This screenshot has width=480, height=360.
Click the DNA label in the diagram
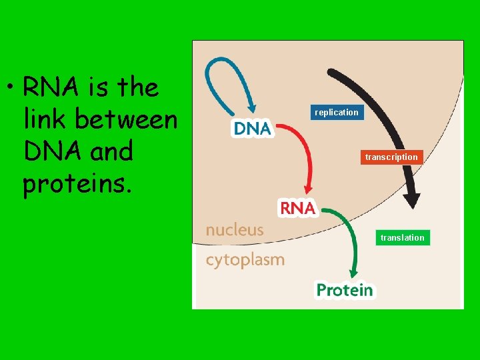[252, 129]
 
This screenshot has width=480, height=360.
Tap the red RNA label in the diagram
[297, 208]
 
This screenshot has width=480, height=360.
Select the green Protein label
[344, 290]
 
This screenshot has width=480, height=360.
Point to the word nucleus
[235, 230]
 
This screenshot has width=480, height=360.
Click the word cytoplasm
[245, 259]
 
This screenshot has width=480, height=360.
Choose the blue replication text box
[337, 113]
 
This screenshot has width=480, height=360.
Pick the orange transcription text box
[391, 157]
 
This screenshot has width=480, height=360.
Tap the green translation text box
[402, 237]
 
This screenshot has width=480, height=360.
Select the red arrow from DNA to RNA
[303, 153]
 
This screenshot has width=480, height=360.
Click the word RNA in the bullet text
[47, 87]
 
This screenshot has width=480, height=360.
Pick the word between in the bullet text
[127, 119]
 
